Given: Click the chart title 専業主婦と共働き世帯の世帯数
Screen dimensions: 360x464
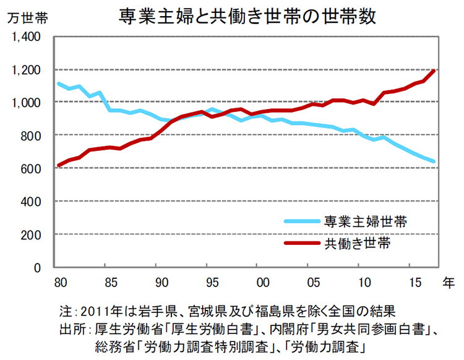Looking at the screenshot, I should (247, 17).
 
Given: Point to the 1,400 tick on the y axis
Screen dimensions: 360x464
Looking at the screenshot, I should (27, 36).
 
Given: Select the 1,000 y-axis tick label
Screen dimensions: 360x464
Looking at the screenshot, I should (27, 103).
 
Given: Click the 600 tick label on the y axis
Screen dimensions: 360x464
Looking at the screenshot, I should (32, 169).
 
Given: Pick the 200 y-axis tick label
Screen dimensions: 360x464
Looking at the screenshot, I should (32, 235).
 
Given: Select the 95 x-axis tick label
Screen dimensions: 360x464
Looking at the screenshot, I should (212, 283).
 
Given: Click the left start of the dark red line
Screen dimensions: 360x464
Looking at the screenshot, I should (58, 165).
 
